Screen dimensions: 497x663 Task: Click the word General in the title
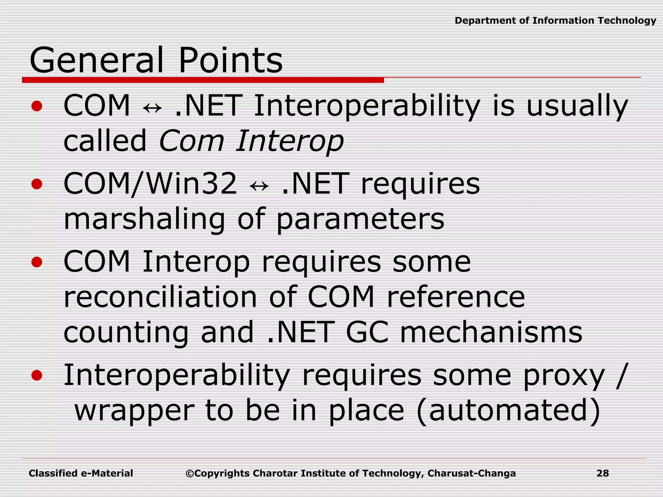click(96, 61)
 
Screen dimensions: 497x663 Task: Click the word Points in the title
click(230, 61)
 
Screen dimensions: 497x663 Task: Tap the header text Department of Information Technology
click(555, 21)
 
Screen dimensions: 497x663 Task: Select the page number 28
click(602, 473)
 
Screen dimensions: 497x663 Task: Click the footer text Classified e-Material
click(81, 473)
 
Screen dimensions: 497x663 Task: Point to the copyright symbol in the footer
click(190, 474)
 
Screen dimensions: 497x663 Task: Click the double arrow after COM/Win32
click(259, 186)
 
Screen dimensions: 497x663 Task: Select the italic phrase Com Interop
click(251, 141)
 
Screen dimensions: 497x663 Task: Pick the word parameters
click(360, 219)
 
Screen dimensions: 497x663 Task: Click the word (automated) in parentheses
click(509, 411)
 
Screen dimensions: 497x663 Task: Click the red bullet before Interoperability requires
click(37, 375)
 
